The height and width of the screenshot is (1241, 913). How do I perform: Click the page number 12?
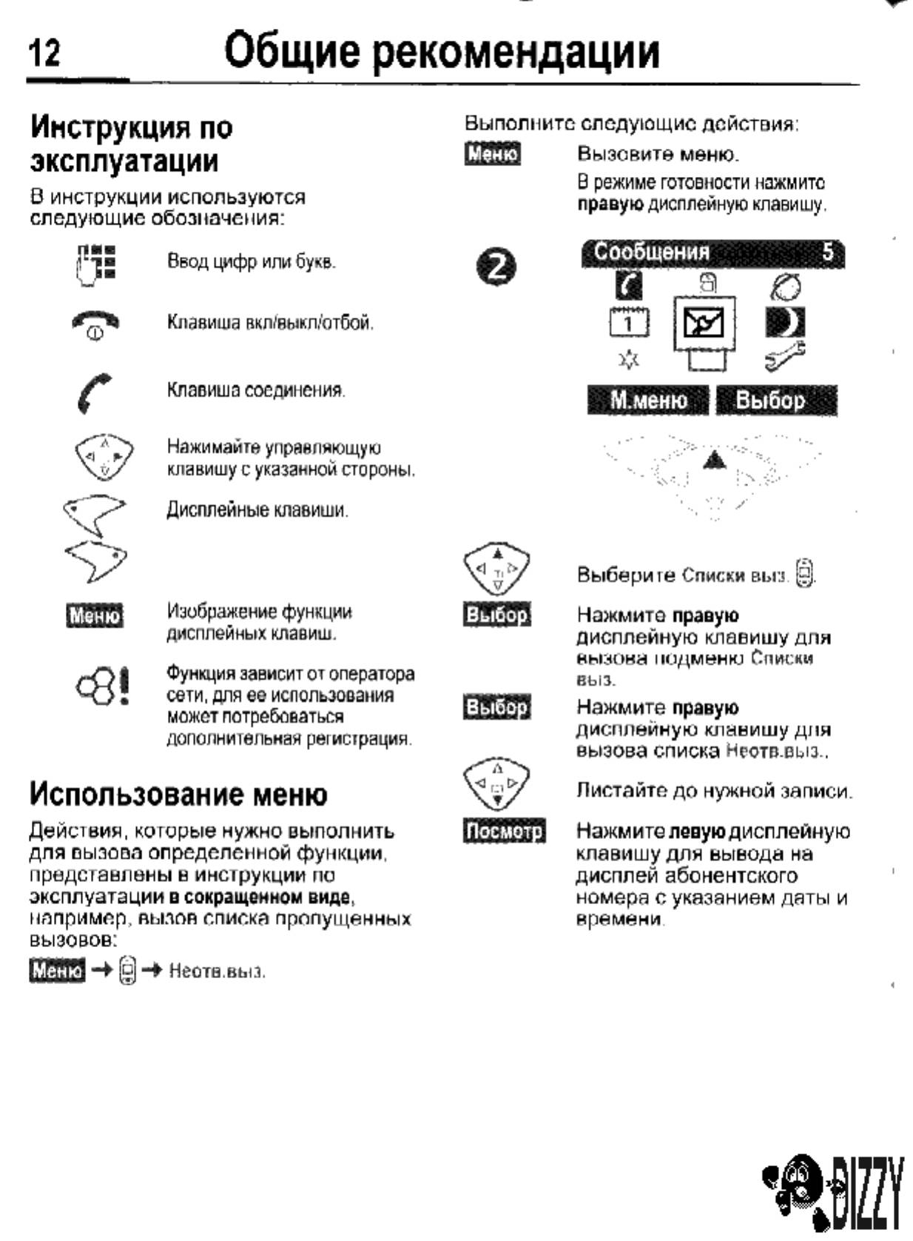click(x=47, y=54)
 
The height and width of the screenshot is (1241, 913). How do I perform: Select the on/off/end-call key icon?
click(x=95, y=324)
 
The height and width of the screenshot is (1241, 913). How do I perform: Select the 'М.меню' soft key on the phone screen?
click(x=648, y=401)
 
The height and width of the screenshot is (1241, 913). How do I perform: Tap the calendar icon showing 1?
click(x=628, y=323)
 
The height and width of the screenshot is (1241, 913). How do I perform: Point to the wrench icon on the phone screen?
click(x=785, y=358)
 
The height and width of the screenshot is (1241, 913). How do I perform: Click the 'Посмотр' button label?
click(x=504, y=832)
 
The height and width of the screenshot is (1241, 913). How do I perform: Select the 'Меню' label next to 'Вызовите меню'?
click(x=493, y=155)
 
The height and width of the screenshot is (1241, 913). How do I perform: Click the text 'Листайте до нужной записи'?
click(x=714, y=791)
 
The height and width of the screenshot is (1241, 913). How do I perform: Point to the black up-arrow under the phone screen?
click(x=713, y=461)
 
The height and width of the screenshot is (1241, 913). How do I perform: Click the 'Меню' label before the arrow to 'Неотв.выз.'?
click(x=57, y=970)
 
